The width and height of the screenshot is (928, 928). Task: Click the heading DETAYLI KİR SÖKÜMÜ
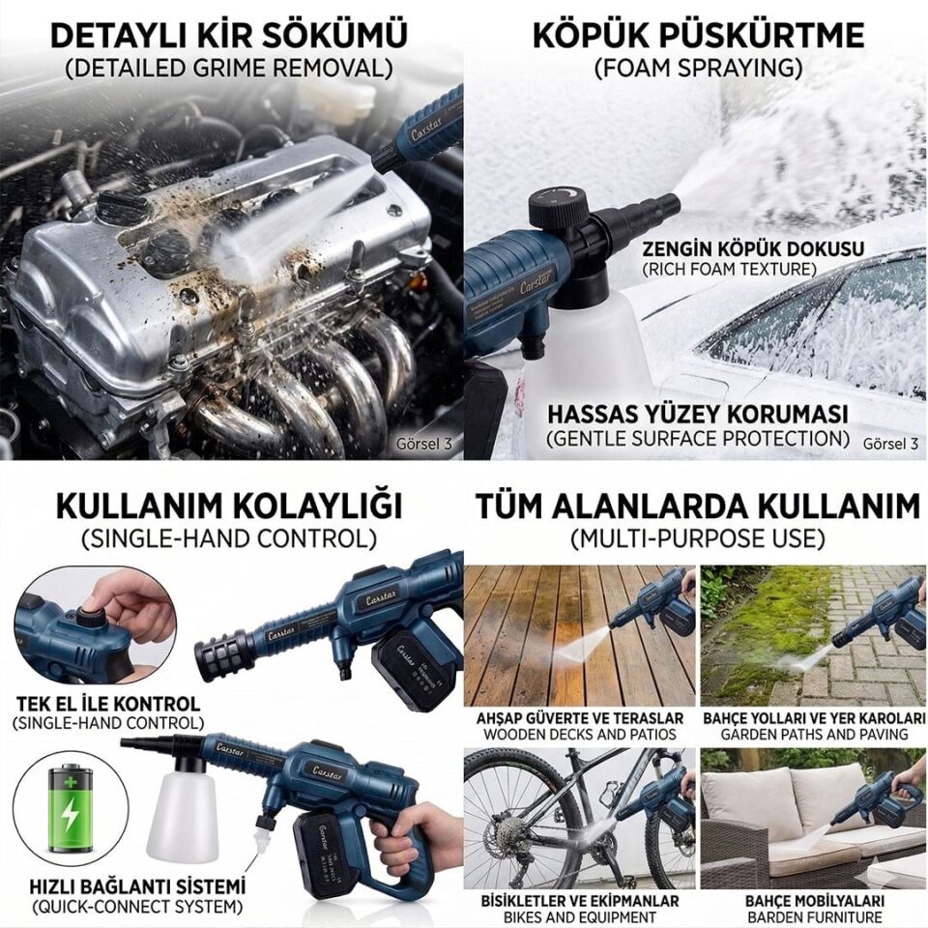pyautogui.click(x=228, y=35)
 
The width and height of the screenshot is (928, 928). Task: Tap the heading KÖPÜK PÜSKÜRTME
pyautogui.click(x=698, y=35)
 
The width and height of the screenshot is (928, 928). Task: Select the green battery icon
pyautogui.click(x=70, y=807)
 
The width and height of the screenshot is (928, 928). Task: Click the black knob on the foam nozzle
pyautogui.click(x=558, y=206)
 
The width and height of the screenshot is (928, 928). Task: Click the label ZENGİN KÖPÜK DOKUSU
pyautogui.click(x=753, y=248)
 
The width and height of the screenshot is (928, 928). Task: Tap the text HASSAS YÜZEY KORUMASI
pyautogui.click(x=697, y=414)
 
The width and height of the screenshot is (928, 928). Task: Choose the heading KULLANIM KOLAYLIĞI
pyautogui.click(x=228, y=506)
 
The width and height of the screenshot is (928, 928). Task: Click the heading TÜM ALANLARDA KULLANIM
pyautogui.click(x=697, y=506)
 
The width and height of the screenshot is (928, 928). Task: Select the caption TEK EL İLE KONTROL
pyautogui.click(x=107, y=703)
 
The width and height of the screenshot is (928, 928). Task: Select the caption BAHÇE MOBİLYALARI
pyautogui.click(x=813, y=900)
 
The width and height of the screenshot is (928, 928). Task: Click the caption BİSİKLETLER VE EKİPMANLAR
pyautogui.click(x=579, y=900)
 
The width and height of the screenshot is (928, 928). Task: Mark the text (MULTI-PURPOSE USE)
pyautogui.click(x=697, y=537)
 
